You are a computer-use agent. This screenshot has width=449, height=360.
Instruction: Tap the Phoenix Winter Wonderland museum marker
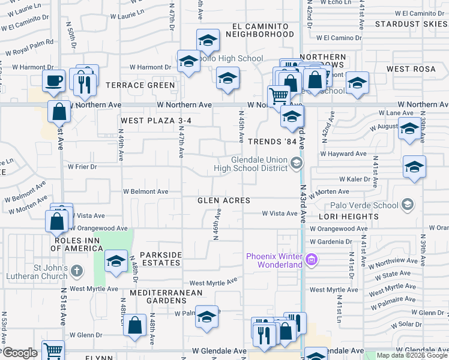(311, 260)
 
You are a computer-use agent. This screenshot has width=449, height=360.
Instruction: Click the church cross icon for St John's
(76, 271)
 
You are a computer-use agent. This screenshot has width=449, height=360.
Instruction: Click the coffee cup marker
(54, 80)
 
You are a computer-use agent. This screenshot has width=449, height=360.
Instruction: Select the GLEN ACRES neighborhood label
(224, 200)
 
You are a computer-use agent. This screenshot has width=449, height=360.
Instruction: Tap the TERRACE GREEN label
(140, 85)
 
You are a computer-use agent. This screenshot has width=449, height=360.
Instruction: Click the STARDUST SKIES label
(411, 24)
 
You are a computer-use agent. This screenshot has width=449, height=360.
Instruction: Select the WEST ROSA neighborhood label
(411, 69)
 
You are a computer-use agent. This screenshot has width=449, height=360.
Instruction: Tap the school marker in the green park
(116, 261)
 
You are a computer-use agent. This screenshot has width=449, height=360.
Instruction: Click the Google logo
(19, 353)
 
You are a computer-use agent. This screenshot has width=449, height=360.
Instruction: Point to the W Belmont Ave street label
(146, 191)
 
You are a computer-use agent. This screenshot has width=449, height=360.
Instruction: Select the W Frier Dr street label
(82, 166)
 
